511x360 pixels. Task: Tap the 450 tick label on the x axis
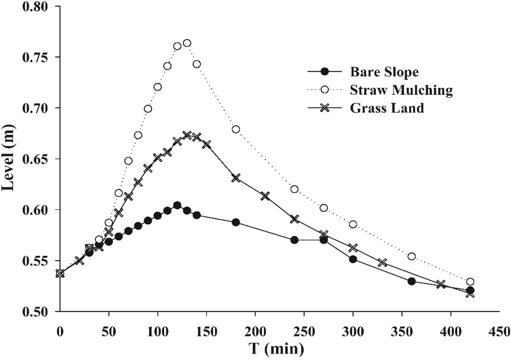coord(500,330)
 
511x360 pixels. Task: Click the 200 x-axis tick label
coord(255,330)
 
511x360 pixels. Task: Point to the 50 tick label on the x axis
coord(108,330)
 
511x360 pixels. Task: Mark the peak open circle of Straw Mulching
coord(187,43)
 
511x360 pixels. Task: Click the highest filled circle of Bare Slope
coord(177,205)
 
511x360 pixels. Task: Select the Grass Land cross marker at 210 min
coord(265,196)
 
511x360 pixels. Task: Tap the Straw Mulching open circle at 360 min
coord(412,256)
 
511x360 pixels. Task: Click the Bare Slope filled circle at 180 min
coord(236,222)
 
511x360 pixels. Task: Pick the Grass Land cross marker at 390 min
coord(441,284)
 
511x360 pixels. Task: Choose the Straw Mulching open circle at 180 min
coord(236,129)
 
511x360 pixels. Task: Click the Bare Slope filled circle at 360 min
coord(412,281)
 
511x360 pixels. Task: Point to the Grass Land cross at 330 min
coord(382,262)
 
